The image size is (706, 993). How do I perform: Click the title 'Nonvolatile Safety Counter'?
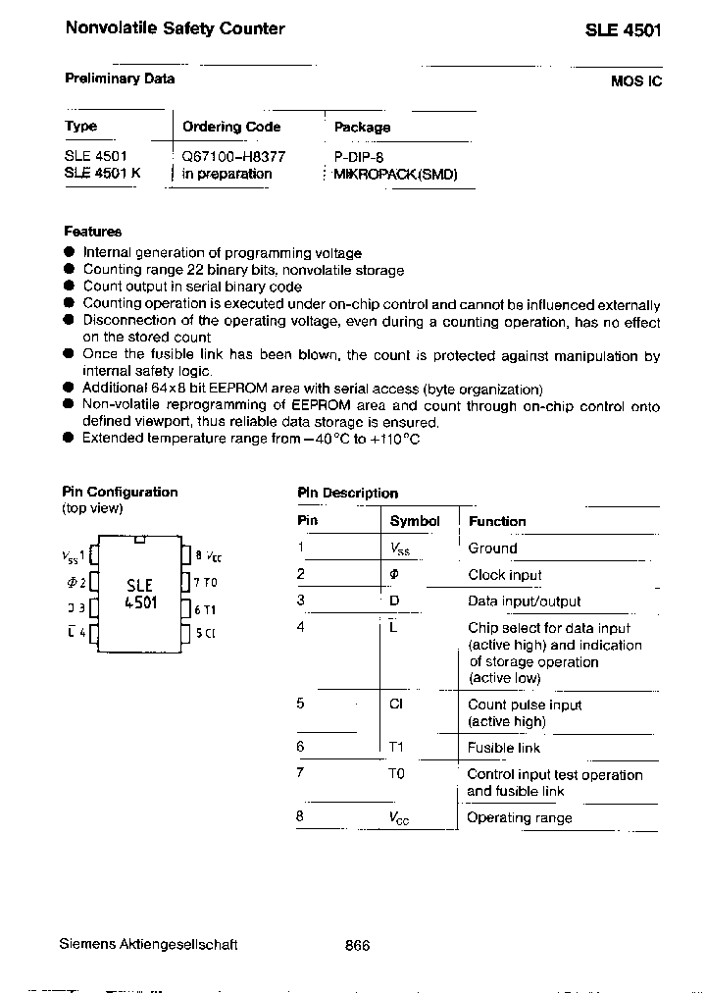[175, 28]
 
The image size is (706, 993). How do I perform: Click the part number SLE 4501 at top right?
[624, 30]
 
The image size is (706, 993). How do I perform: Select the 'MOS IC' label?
[635, 81]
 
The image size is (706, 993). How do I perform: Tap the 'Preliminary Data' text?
[120, 78]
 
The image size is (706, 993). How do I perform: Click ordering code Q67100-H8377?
[234, 156]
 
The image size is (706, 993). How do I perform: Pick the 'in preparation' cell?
[227, 174]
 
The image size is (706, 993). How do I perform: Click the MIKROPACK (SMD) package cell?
[395, 175]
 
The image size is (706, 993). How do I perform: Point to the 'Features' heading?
[93, 232]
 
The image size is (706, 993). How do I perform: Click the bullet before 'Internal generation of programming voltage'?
[69, 253]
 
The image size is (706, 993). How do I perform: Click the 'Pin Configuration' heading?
[120, 492]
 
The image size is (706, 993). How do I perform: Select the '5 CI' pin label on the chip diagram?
[205, 633]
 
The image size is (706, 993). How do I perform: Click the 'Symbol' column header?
[415, 521]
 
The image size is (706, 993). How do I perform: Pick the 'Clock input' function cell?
[504, 575]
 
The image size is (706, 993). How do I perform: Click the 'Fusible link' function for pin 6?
[503, 748]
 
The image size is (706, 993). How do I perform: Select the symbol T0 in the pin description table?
[396, 774]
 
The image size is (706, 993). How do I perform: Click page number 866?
[358, 945]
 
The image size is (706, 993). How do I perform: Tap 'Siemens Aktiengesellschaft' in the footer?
[148, 945]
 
